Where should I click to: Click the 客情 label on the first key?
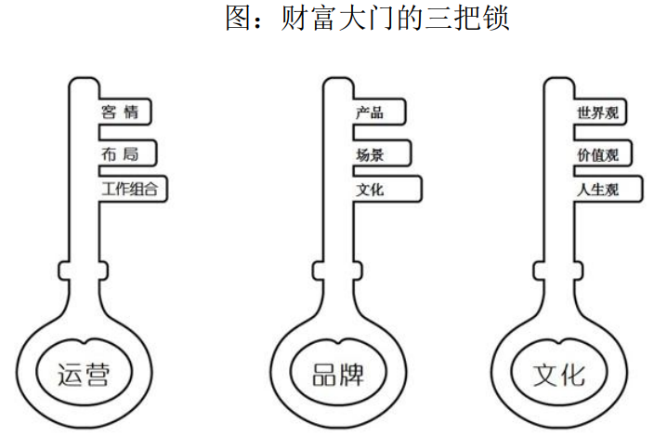coord(120,113)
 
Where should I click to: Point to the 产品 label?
coord(369,113)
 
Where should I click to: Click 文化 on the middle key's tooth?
coord(369,190)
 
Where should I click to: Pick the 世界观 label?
coord(597,113)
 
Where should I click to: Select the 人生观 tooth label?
coord(597,190)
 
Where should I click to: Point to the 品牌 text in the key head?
coord(338,374)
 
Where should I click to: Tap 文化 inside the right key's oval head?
coord(559,374)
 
